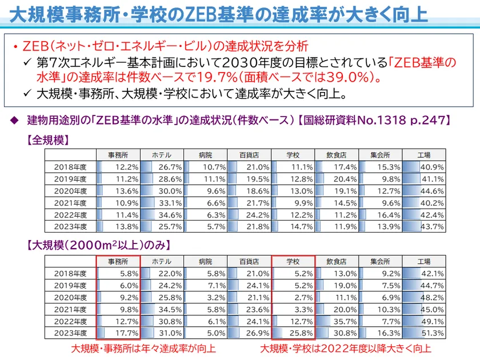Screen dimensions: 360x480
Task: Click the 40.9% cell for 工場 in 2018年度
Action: pos(424,167)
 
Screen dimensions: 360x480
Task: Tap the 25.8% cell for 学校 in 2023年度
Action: pos(293,333)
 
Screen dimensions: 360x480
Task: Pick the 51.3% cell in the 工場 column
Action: pos(424,333)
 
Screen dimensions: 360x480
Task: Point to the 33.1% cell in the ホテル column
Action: pos(161,202)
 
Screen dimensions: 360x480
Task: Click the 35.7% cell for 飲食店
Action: pos(336,321)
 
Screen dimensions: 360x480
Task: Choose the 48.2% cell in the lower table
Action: pos(424,298)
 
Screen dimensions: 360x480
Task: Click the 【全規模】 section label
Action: pos(46,139)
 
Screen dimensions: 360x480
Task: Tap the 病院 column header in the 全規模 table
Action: pos(205,155)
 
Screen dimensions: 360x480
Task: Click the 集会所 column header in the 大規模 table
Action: pos(380,262)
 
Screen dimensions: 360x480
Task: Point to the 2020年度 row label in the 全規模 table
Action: pos(70,190)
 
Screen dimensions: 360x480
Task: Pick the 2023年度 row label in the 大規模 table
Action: pos(70,333)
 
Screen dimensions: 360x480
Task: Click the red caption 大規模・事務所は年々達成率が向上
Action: pos(143,348)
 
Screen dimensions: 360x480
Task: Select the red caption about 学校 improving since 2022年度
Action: pos(346,348)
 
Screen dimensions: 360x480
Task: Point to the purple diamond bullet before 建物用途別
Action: pos(15,121)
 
